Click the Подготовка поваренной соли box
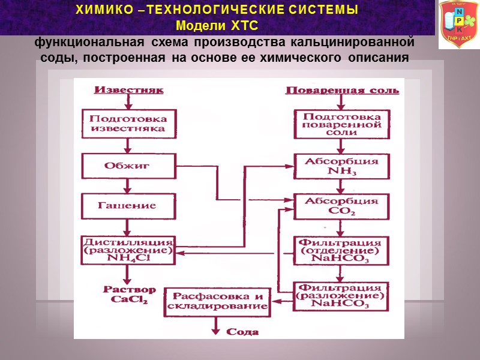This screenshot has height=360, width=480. coord(341,123)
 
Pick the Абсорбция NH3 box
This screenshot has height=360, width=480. coord(341,166)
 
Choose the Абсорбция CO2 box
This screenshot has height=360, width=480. coord(341,206)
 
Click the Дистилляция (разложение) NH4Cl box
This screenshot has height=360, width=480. coord(128,250)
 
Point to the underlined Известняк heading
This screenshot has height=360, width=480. coord(128,90)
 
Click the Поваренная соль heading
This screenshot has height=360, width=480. coord(341,91)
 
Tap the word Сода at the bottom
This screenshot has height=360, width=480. coord(242,331)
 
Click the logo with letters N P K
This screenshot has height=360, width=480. coord(458,25)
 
